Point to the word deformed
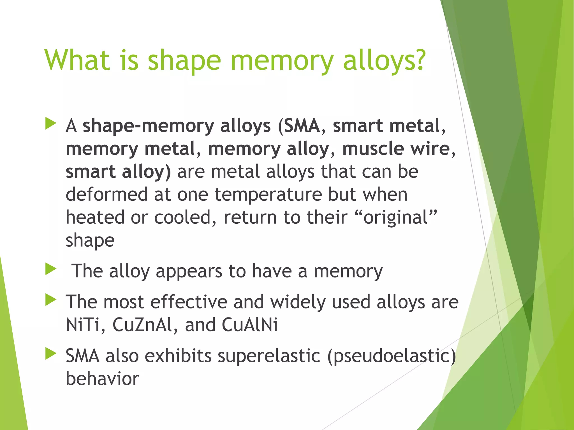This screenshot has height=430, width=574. point(107,194)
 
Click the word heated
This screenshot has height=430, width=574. point(95,217)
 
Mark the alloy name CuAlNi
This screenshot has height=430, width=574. point(250,325)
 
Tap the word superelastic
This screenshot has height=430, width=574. point(269,356)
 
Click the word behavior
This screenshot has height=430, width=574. point(102,378)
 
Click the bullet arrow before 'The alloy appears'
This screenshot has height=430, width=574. point(51,269)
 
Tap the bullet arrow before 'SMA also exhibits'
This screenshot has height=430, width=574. point(51,354)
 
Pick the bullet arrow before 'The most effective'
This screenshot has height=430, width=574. point(51,300)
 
